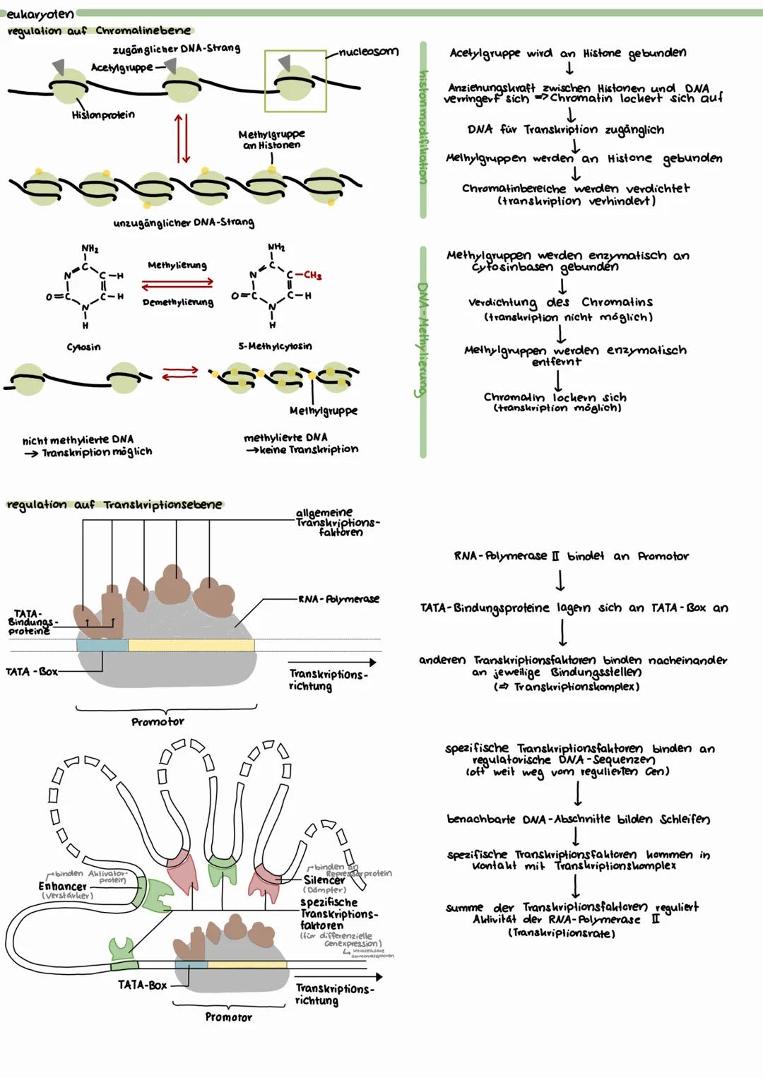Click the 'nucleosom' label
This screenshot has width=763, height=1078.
click(x=368, y=52)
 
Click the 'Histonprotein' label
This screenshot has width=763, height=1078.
click(x=103, y=114)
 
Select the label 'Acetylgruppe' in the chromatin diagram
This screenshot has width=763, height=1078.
click(x=122, y=67)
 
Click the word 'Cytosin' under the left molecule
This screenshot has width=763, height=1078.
click(x=83, y=347)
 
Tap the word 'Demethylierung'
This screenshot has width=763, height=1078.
click(x=177, y=302)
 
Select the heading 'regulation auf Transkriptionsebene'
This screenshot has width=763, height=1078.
click(x=114, y=504)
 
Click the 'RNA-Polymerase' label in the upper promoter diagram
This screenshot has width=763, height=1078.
click(x=338, y=599)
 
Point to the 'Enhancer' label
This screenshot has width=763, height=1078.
click(x=62, y=886)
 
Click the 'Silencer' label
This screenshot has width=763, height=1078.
click(x=324, y=880)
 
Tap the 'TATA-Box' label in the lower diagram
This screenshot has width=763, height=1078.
click(x=142, y=985)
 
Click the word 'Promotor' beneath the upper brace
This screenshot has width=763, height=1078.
click(x=158, y=722)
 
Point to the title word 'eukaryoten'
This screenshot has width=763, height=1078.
click(x=40, y=13)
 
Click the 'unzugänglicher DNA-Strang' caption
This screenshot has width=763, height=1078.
click(x=183, y=223)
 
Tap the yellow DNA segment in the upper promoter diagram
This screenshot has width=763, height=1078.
click(x=191, y=645)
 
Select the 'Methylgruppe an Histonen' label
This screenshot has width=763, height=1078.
click(x=271, y=139)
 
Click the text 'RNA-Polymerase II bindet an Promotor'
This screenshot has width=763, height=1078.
click(x=571, y=556)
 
